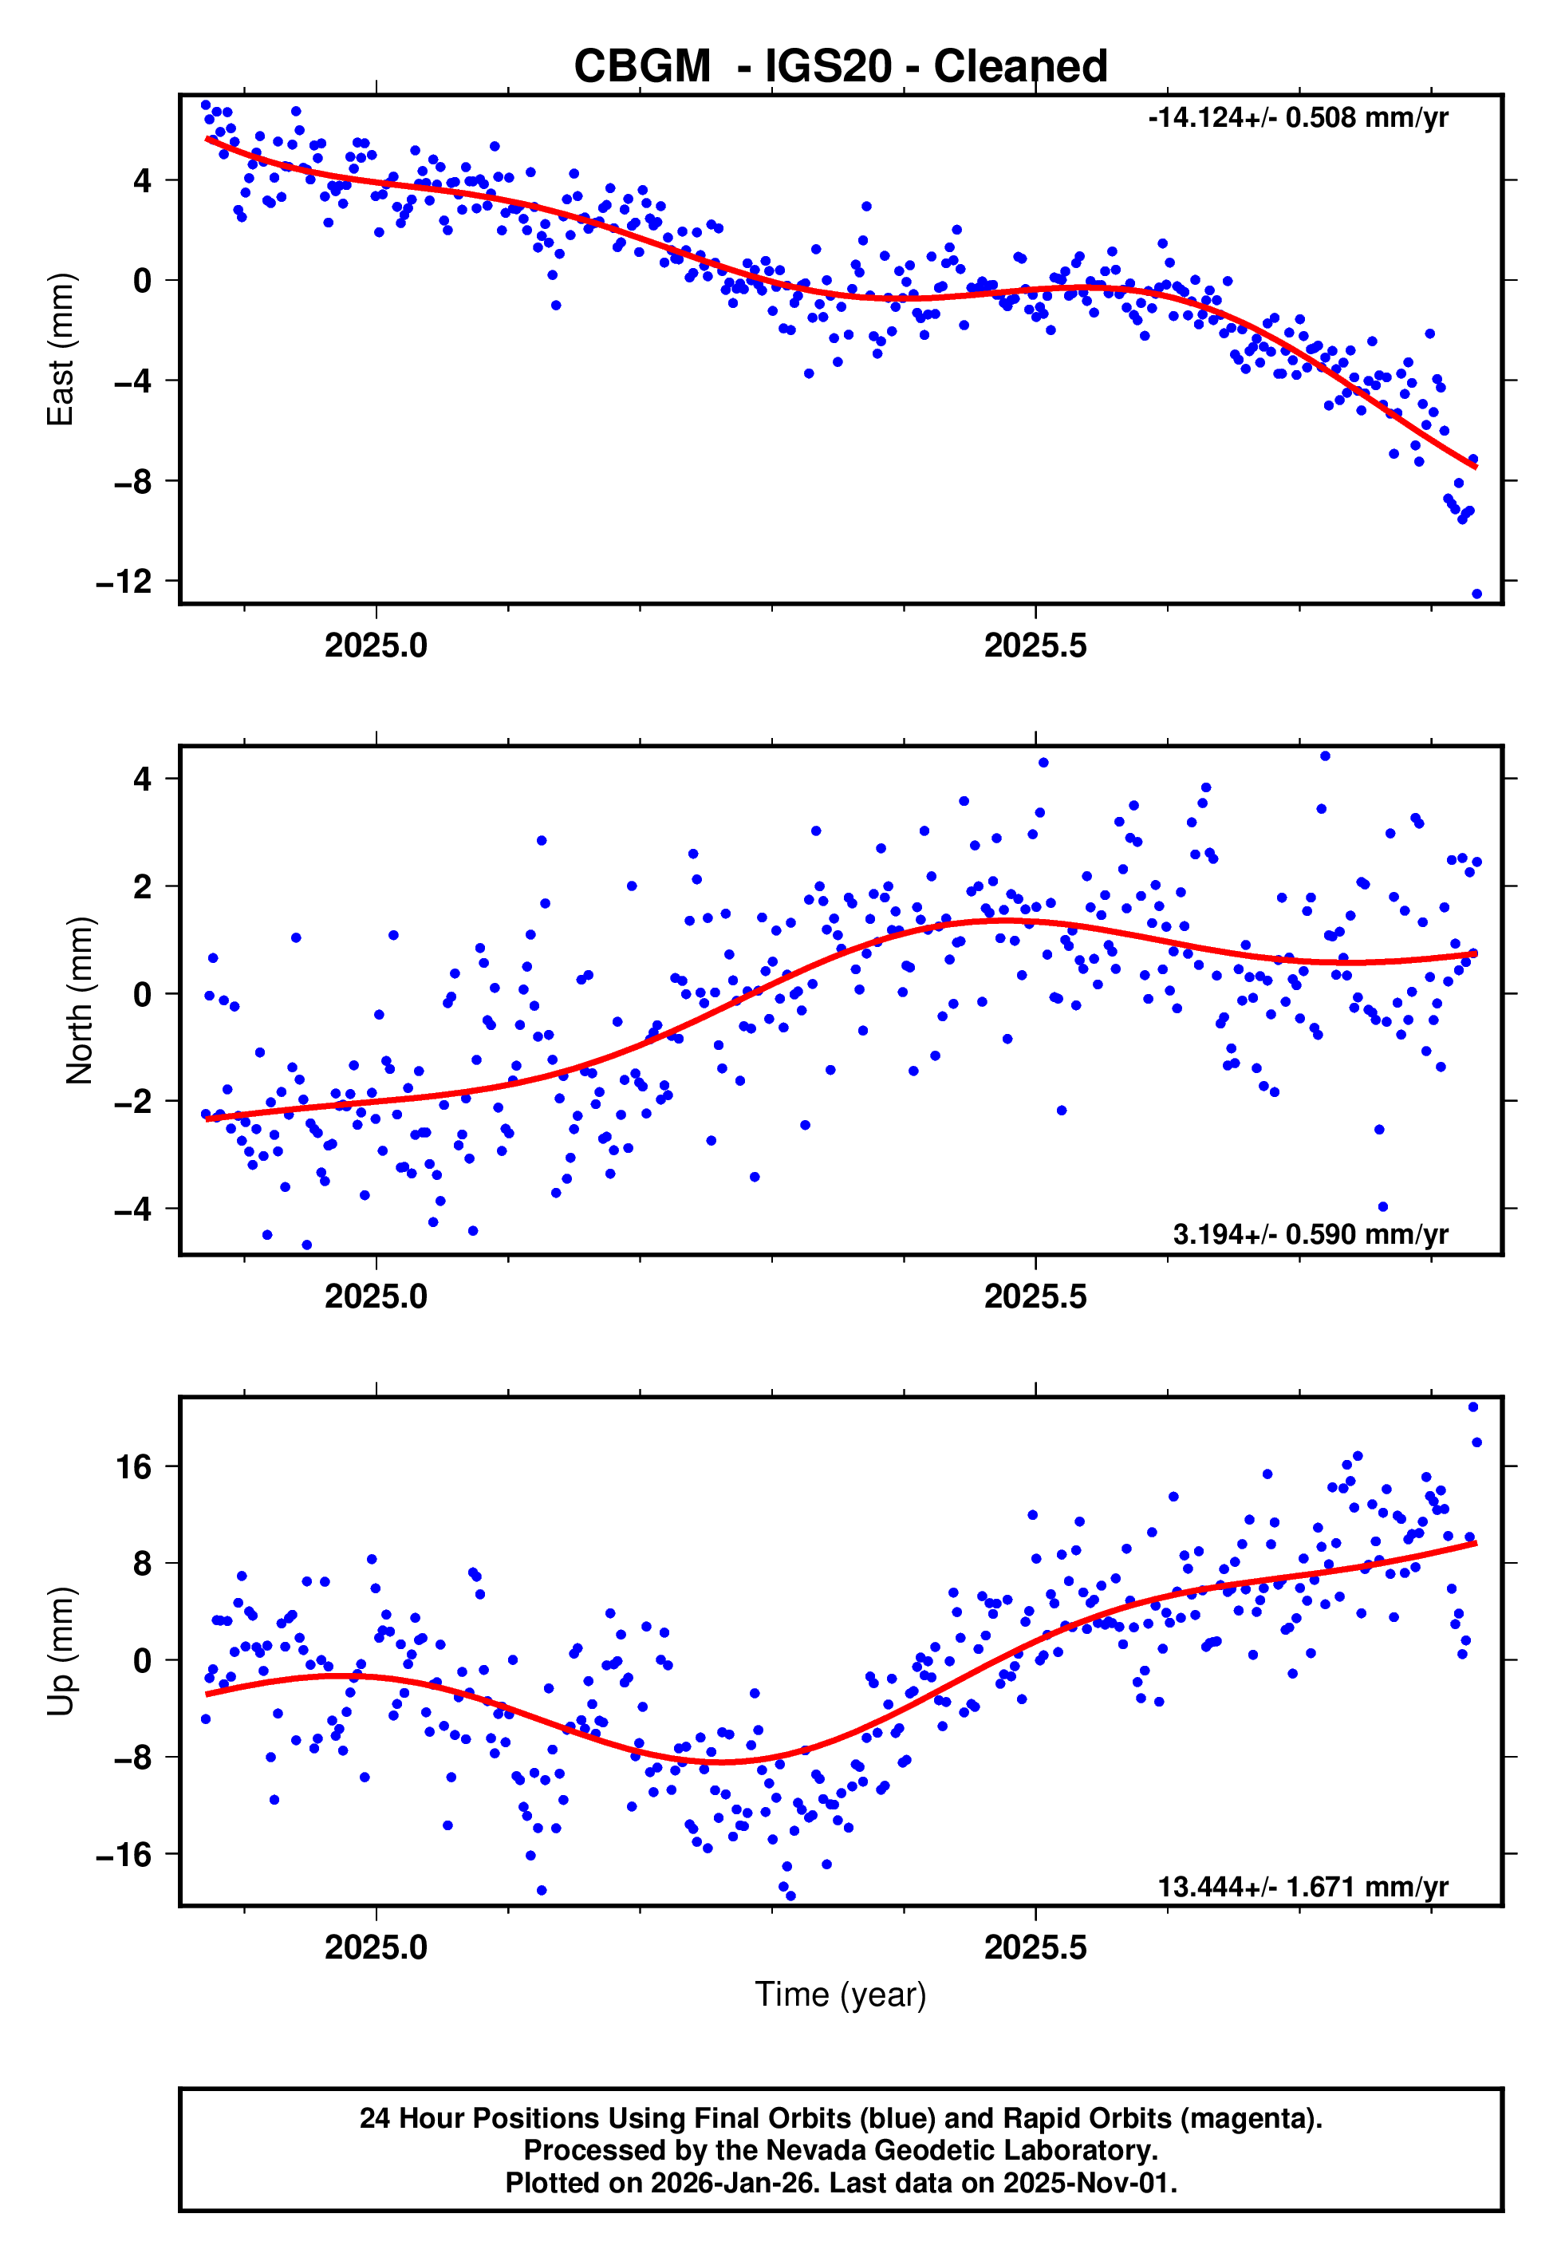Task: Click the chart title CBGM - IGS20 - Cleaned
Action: (841, 67)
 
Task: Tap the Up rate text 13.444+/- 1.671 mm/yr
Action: (1303, 1887)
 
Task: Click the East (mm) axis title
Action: (61, 349)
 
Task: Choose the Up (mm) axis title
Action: (61, 1651)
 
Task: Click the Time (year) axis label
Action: (841, 1995)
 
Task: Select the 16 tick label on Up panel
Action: (133, 1468)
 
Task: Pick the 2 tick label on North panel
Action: (143, 886)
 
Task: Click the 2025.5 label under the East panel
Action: (1035, 646)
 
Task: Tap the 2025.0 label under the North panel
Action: (376, 1296)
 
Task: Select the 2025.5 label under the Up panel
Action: (1035, 1947)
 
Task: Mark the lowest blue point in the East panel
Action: (1476, 594)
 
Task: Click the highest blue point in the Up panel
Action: (1472, 1407)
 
